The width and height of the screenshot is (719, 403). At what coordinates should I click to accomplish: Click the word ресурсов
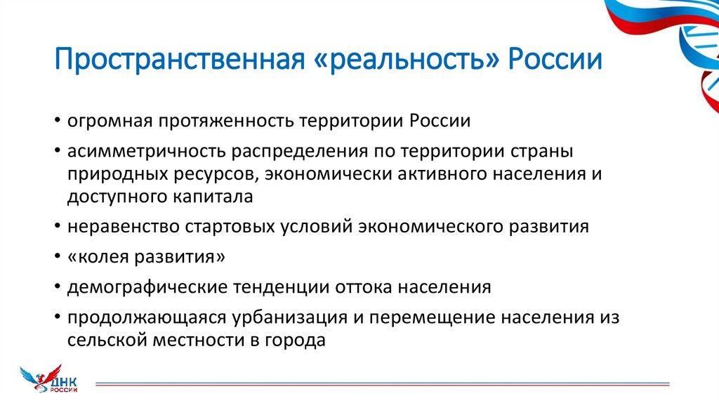(x=213, y=175)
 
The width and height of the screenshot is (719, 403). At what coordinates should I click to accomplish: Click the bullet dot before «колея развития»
(x=55, y=258)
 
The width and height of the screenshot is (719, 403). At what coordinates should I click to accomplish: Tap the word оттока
(x=361, y=288)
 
